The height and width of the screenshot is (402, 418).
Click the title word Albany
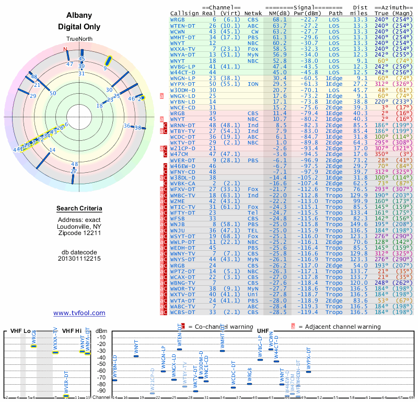click(x=79, y=16)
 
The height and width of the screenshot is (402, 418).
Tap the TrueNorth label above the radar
click(x=79, y=40)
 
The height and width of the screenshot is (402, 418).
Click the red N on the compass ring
click(x=66, y=50)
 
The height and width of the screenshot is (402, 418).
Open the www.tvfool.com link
click(x=79, y=313)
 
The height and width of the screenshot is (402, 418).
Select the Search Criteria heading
click(x=79, y=209)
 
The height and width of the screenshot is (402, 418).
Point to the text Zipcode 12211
click(x=79, y=234)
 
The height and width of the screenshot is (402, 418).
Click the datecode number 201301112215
click(x=79, y=259)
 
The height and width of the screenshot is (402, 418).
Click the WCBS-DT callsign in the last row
click(x=183, y=312)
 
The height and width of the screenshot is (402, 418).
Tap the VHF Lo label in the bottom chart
click(x=20, y=331)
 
